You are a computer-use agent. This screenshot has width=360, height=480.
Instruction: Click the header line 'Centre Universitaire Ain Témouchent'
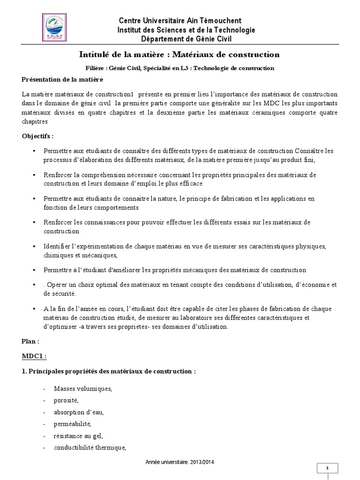[180, 21]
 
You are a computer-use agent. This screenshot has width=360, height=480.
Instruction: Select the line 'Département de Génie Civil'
[180, 39]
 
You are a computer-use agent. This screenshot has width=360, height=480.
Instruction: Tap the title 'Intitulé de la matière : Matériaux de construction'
[180, 55]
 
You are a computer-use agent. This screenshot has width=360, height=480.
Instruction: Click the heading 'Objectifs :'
[38, 136]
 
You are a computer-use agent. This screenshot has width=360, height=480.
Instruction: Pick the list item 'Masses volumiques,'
[83, 389]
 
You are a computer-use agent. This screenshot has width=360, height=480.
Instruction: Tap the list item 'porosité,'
[67, 401]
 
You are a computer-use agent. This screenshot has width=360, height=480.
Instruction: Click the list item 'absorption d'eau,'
[79, 412]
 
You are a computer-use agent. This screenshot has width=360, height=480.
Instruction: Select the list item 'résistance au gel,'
[75, 436]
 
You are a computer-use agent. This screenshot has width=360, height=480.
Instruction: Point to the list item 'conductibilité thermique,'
[90, 448]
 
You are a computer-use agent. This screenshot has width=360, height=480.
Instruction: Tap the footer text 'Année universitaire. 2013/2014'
[180, 462]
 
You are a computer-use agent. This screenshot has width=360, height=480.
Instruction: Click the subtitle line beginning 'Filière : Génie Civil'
[180, 68]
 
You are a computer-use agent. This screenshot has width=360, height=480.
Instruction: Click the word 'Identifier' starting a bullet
[56, 246]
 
